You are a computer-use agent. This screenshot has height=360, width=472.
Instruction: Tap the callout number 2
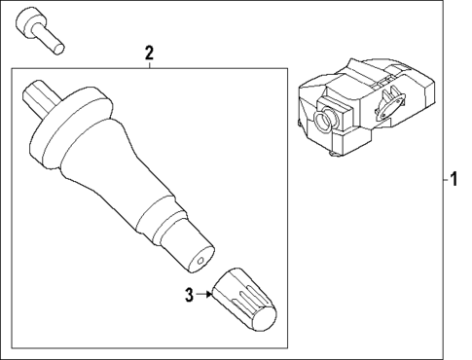click(x=148, y=53)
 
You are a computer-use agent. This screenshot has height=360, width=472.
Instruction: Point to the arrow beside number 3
click(x=207, y=292)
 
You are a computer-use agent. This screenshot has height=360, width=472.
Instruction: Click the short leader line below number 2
click(x=148, y=63)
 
